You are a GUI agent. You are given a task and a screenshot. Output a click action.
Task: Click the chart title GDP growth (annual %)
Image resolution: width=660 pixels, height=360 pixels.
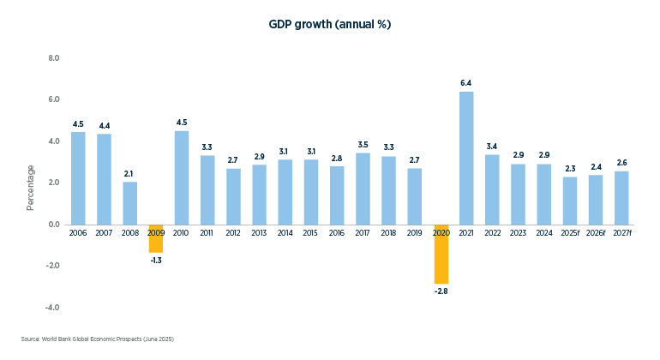click(330, 25)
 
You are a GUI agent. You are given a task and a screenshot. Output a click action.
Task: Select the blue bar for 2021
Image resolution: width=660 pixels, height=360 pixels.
click(466, 158)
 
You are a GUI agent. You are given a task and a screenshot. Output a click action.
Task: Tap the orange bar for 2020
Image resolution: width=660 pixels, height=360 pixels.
click(441, 254)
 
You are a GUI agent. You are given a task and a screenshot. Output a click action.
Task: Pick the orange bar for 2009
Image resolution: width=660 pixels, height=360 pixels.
click(156, 238)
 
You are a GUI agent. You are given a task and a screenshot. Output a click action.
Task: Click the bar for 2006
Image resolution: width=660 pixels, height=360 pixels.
click(78, 177)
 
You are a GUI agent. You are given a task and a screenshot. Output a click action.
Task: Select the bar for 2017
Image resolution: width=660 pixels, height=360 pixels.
click(363, 188)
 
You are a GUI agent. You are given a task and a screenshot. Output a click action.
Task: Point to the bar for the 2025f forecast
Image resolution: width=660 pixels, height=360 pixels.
click(570, 201)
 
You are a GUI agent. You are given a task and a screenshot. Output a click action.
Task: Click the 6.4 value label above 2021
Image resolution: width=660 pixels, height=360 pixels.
click(466, 83)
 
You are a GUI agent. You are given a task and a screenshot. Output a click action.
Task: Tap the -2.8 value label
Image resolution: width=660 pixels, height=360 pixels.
click(441, 291)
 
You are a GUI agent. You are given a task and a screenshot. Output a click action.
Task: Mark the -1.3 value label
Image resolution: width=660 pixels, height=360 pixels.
click(156, 261)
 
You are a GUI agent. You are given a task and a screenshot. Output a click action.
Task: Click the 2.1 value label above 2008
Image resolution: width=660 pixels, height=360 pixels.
click(129, 174)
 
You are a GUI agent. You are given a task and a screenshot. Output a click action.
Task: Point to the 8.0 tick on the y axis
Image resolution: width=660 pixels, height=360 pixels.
click(53, 58)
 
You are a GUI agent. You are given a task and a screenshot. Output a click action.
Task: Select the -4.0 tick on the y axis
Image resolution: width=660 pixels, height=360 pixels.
click(52, 307)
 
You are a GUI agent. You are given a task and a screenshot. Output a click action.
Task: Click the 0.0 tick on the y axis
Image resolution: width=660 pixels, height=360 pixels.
click(53, 225)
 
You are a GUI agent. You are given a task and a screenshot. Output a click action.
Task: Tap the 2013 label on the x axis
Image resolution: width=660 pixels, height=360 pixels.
click(259, 233)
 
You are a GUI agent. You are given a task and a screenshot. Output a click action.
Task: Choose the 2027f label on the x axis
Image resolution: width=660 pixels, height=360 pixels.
click(622, 233)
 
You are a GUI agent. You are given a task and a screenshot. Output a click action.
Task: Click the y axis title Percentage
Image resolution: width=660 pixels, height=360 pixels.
click(31, 187)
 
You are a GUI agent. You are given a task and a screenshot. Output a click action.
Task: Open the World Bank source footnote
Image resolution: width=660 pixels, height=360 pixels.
click(97, 339)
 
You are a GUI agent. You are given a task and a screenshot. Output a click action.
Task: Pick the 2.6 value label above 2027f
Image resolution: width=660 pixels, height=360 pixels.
click(622, 163)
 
